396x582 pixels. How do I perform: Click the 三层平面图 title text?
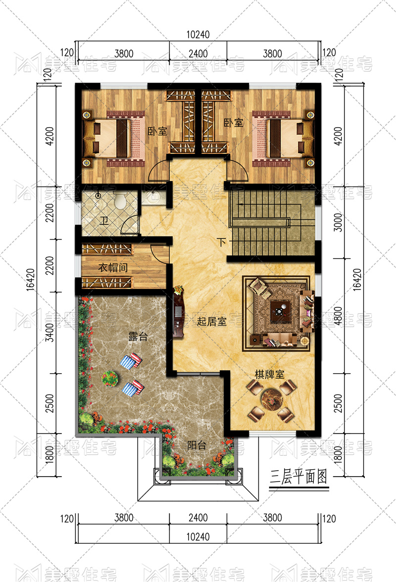(298, 477)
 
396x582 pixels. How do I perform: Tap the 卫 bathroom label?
(104, 221)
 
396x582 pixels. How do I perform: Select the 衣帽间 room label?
(113, 267)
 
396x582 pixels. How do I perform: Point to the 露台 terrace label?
(138, 337)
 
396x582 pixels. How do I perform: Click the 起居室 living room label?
(211, 321)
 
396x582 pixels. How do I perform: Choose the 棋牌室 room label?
(269, 374)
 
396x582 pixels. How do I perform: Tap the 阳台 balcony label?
(197, 445)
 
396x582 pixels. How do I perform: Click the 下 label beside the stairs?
(222, 242)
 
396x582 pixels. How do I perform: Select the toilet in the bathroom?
(120, 201)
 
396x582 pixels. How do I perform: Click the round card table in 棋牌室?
(272, 400)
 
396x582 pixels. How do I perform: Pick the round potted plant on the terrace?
(110, 379)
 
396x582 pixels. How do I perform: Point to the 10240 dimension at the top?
(198, 35)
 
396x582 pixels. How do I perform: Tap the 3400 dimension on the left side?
(49, 333)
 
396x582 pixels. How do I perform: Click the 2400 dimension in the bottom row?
(198, 518)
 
